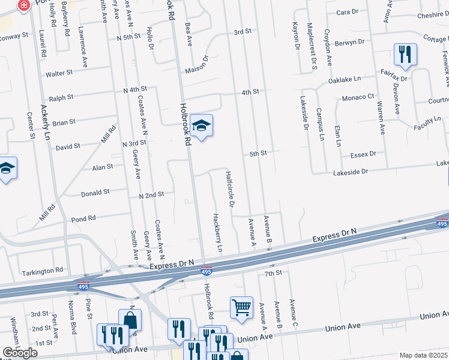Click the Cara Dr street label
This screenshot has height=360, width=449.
(347, 12)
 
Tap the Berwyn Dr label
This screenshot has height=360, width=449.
(351, 43)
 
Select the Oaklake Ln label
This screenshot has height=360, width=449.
(345, 79)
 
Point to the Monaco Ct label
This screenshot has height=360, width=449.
(358, 97)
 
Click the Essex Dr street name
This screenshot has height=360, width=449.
(364, 154)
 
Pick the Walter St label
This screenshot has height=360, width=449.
(59, 74)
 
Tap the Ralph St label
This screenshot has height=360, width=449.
(61, 97)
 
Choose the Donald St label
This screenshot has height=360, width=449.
(95, 193)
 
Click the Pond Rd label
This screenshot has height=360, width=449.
(83, 219)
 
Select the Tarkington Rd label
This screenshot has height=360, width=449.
(42, 270)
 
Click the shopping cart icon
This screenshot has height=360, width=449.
(241, 307)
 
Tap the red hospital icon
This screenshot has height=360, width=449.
(23, 6)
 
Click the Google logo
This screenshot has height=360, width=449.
(20, 353)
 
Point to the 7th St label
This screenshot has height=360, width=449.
(273, 273)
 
